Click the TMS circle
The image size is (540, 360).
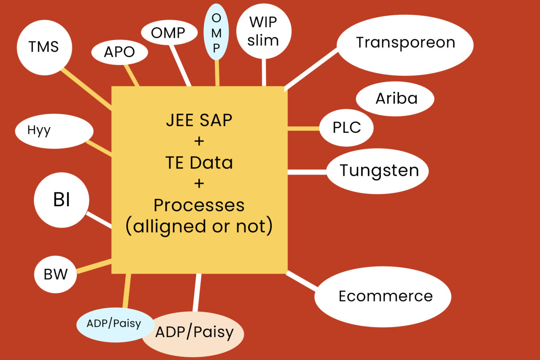[x=44, y=47]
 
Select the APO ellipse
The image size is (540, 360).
[x=120, y=52]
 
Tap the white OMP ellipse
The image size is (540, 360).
[x=169, y=32]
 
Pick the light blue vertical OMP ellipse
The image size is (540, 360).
[x=216, y=32]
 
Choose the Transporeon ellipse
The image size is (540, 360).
[x=405, y=43]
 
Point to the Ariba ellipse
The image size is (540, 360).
[x=395, y=99]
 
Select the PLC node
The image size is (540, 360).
[x=346, y=128]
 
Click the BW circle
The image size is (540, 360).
[x=56, y=275]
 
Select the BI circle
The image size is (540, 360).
[x=62, y=201]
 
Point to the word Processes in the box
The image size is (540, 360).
[x=199, y=205]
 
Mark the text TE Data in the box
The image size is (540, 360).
[x=199, y=163]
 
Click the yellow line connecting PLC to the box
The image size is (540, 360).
[x=303, y=128]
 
